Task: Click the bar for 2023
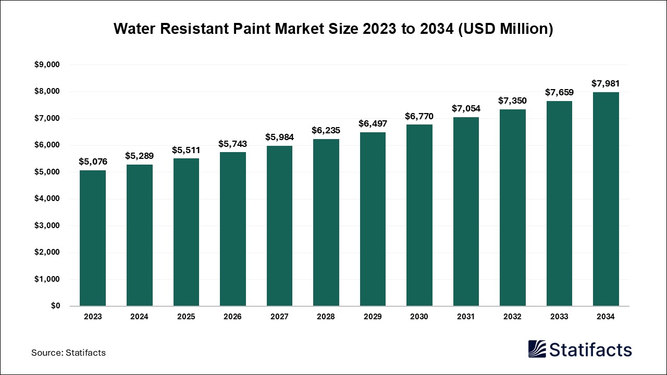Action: [x=92, y=238]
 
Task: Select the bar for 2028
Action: [x=326, y=222]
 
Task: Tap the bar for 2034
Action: [x=606, y=199]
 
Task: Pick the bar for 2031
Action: [x=466, y=211]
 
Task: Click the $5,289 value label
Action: [x=139, y=155]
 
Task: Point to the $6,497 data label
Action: [x=373, y=123]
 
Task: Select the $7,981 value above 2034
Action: [x=606, y=83]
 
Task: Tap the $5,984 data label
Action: [x=279, y=137]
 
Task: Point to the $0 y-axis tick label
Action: [x=55, y=306]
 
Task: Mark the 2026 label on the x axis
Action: [x=232, y=317]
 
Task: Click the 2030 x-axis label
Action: [x=419, y=317]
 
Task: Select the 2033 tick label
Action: [x=559, y=317]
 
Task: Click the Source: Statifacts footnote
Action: [x=68, y=353]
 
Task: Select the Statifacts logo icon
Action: [x=537, y=349]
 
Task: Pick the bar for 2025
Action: [x=186, y=232]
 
